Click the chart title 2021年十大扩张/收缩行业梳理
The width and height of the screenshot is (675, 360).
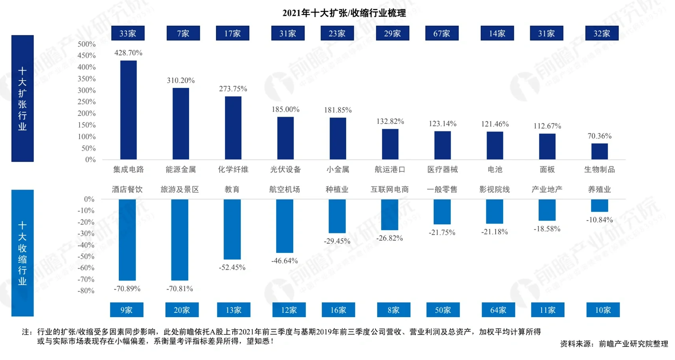click(x=344, y=13)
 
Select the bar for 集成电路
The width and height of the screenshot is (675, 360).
click(x=128, y=110)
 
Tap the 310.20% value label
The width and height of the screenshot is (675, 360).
click(x=180, y=80)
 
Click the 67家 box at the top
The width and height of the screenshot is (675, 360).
click(x=442, y=33)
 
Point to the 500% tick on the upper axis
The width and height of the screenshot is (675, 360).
click(x=86, y=44)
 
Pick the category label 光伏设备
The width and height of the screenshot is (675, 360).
click(x=285, y=169)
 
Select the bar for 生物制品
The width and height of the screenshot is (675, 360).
click(x=599, y=152)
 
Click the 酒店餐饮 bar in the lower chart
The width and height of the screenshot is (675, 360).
click(x=127, y=240)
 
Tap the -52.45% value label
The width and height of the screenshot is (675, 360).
click(x=232, y=267)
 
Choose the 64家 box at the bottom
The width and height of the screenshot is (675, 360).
click(x=498, y=310)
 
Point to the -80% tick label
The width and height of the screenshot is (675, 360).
click(x=86, y=291)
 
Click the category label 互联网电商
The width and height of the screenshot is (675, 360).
click(x=389, y=189)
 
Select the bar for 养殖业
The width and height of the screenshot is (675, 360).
click(x=599, y=205)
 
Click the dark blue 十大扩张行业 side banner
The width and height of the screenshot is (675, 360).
click(x=23, y=98)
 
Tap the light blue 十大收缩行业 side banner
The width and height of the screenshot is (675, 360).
click(x=23, y=253)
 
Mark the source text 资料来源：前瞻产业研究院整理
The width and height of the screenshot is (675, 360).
click(x=614, y=344)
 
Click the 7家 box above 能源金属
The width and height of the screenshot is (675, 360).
click(x=183, y=33)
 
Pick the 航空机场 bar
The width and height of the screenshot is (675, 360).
click(x=284, y=226)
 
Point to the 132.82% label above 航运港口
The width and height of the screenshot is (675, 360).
click(x=390, y=121)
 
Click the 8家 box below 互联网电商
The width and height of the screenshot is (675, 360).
click(x=393, y=310)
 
